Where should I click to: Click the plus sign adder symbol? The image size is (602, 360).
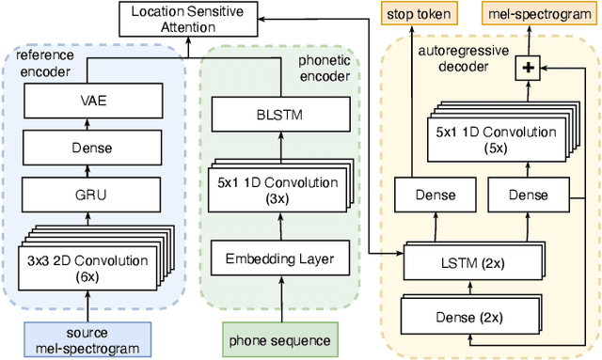[527, 67]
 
